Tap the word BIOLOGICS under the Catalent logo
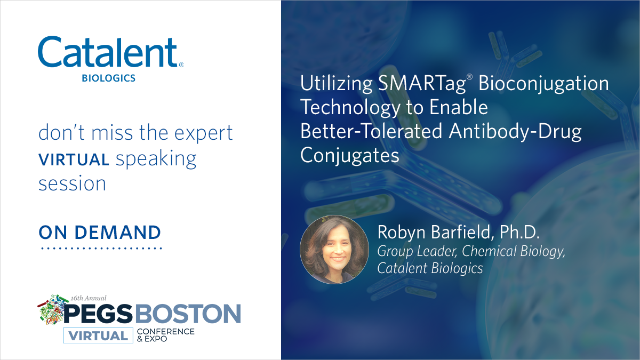pos(108,78)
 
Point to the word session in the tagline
pos(72,183)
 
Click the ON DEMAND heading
pos(100,233)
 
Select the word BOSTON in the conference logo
pos(187,314)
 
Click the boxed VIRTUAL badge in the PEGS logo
pos(97,335)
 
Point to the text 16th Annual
pos(89,298)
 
